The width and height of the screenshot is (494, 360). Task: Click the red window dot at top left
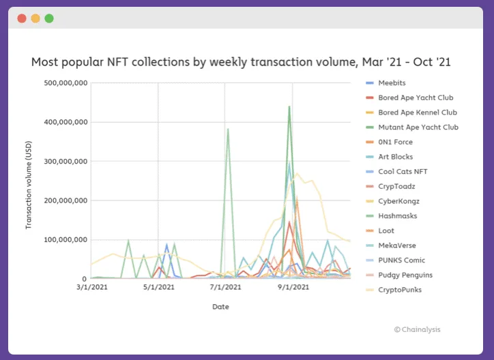pos(22,18)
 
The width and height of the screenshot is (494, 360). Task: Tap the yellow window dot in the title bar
pos(35,18)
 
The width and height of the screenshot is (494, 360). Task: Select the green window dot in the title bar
pos(49,18)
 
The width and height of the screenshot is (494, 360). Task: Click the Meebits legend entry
pos(392,83)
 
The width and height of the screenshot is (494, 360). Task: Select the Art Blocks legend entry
pos(395,157)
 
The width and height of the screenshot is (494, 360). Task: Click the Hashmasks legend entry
pos(398,216)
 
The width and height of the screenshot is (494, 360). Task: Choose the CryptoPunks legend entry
pos(399,290)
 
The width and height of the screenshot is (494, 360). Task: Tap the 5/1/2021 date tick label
pos(158,287)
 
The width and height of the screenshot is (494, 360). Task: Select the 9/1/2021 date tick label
pos(292,287)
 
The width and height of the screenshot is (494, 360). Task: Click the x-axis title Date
pos(220,307)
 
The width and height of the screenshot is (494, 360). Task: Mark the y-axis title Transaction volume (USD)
pos(29,180)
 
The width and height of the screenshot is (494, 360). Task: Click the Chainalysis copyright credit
pos(417,330)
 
